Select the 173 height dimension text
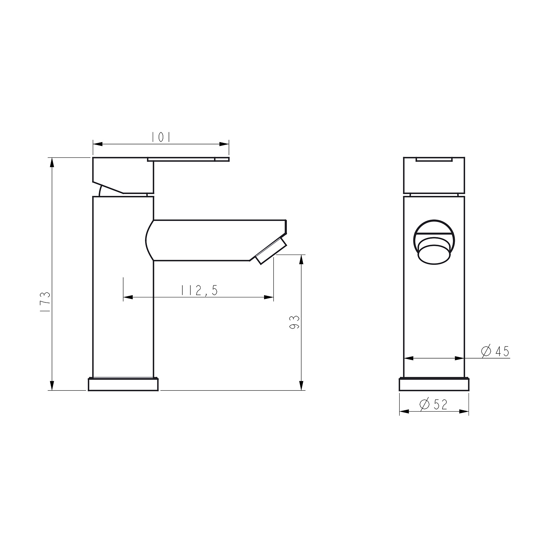45,303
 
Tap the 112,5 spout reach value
199,290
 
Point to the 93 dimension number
295,322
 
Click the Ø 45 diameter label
495,351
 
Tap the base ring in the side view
123,384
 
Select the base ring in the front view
434,384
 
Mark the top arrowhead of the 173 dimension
52,162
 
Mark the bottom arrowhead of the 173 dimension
52,386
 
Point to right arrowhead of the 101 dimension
225,144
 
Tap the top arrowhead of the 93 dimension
301,259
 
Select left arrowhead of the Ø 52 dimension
404,412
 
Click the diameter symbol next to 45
486,351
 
